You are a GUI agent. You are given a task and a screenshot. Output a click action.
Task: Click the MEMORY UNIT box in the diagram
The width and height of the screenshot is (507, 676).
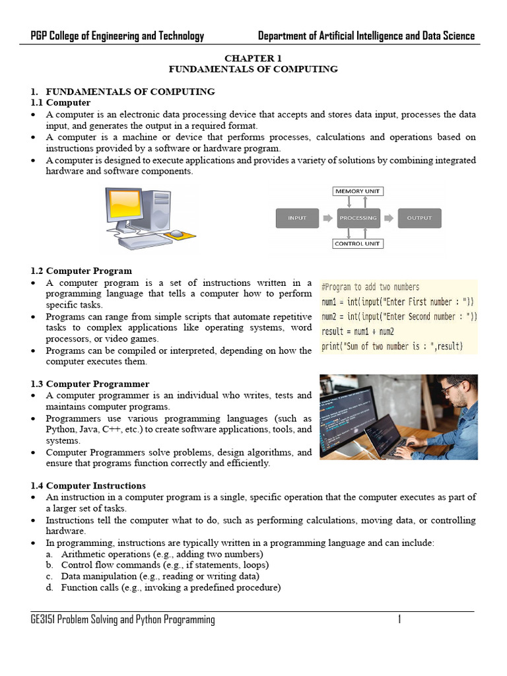tap(358, 191)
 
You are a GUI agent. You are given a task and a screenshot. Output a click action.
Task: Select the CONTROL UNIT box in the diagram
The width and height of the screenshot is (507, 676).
tap(358, 244)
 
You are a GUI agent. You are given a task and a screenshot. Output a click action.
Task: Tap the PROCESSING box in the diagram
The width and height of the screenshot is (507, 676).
tap(358, 218)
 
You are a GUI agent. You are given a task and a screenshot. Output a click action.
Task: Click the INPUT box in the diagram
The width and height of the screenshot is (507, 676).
tap(297, 218)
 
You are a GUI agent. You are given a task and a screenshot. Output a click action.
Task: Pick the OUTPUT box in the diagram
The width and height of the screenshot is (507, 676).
tap(419, 218)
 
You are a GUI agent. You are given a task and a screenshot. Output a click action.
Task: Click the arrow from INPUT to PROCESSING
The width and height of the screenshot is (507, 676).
tap(328, 218)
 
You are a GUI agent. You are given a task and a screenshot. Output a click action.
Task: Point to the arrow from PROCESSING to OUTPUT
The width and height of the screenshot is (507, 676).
tap(389, 218)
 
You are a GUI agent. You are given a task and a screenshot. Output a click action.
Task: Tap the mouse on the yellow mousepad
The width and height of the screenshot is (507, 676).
tap(177, 234)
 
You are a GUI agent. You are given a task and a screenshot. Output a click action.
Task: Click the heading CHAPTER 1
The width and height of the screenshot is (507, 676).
tap(253, 58)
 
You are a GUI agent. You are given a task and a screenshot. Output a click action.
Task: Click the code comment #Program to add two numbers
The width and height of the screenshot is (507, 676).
tap(370, 287)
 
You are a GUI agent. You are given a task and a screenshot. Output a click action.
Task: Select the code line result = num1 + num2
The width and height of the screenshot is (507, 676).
tap(358, 331)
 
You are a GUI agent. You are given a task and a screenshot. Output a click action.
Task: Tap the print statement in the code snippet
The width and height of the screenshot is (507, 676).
tap(392, 346)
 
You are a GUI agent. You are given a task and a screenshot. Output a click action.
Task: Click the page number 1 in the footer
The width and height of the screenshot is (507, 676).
tap(399, 619)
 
